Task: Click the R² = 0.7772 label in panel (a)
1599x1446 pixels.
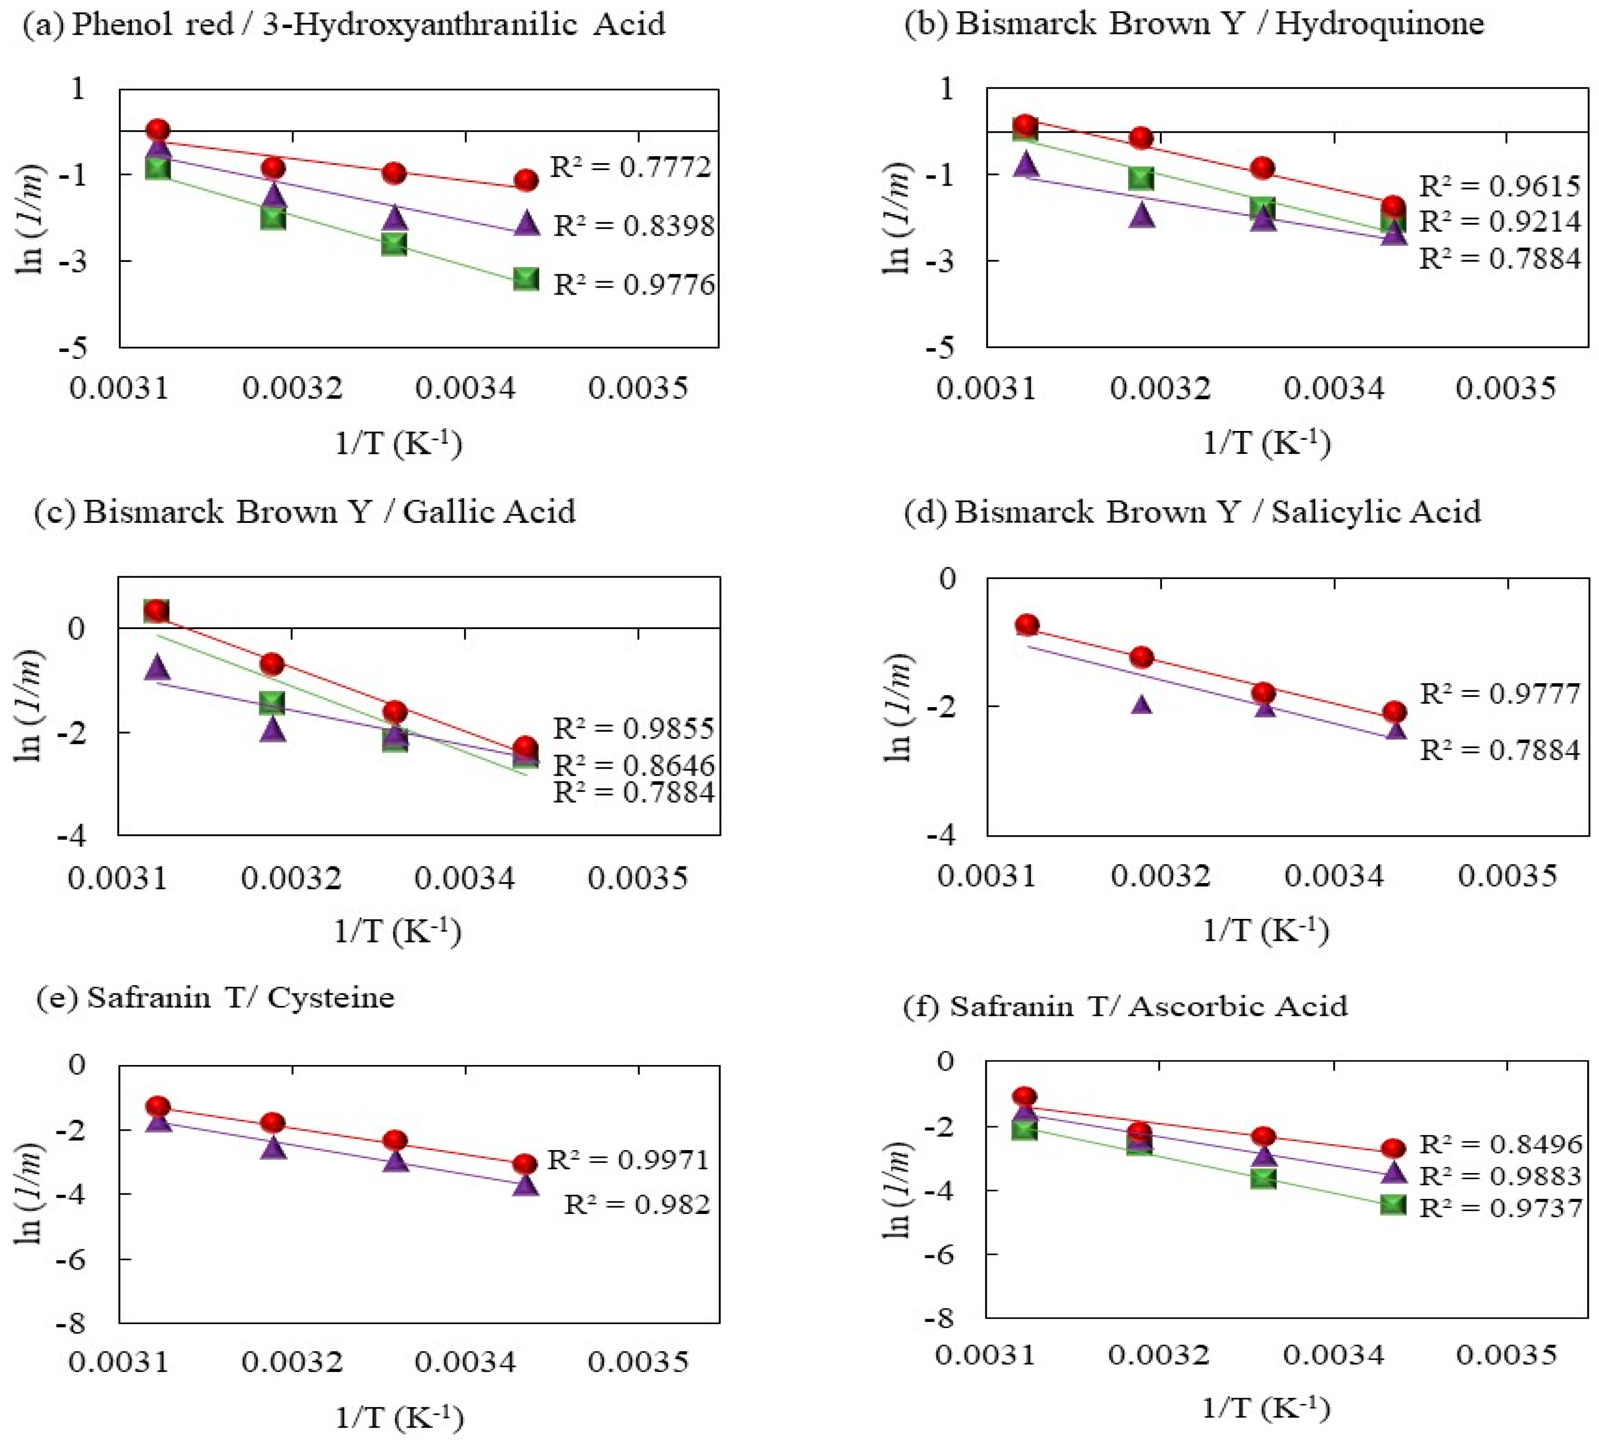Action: [631, 167]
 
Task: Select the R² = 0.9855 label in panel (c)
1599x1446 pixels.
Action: [634, 728]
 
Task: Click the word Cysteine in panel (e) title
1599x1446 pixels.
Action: [331, 997]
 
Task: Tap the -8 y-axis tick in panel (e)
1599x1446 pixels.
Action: [75, 1322]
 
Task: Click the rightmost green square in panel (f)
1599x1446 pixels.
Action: [1393, 1205]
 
